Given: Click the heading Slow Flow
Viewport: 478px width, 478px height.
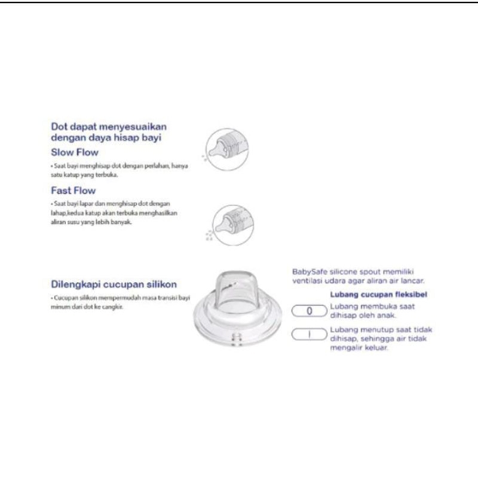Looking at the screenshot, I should (x=71, y=152).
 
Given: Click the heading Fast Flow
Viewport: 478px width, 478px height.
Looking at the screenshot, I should (x=70, y=192).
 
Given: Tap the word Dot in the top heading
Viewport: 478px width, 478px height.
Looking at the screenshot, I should (x=59, y=127).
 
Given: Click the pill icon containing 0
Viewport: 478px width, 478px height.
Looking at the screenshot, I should (x=309, y=311).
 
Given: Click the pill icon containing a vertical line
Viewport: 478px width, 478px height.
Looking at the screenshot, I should (x=309, y=335).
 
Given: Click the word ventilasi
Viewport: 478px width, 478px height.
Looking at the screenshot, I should (x=307, y=279).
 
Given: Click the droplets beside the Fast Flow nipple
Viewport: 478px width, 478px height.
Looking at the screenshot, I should (x=209, y=235).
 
